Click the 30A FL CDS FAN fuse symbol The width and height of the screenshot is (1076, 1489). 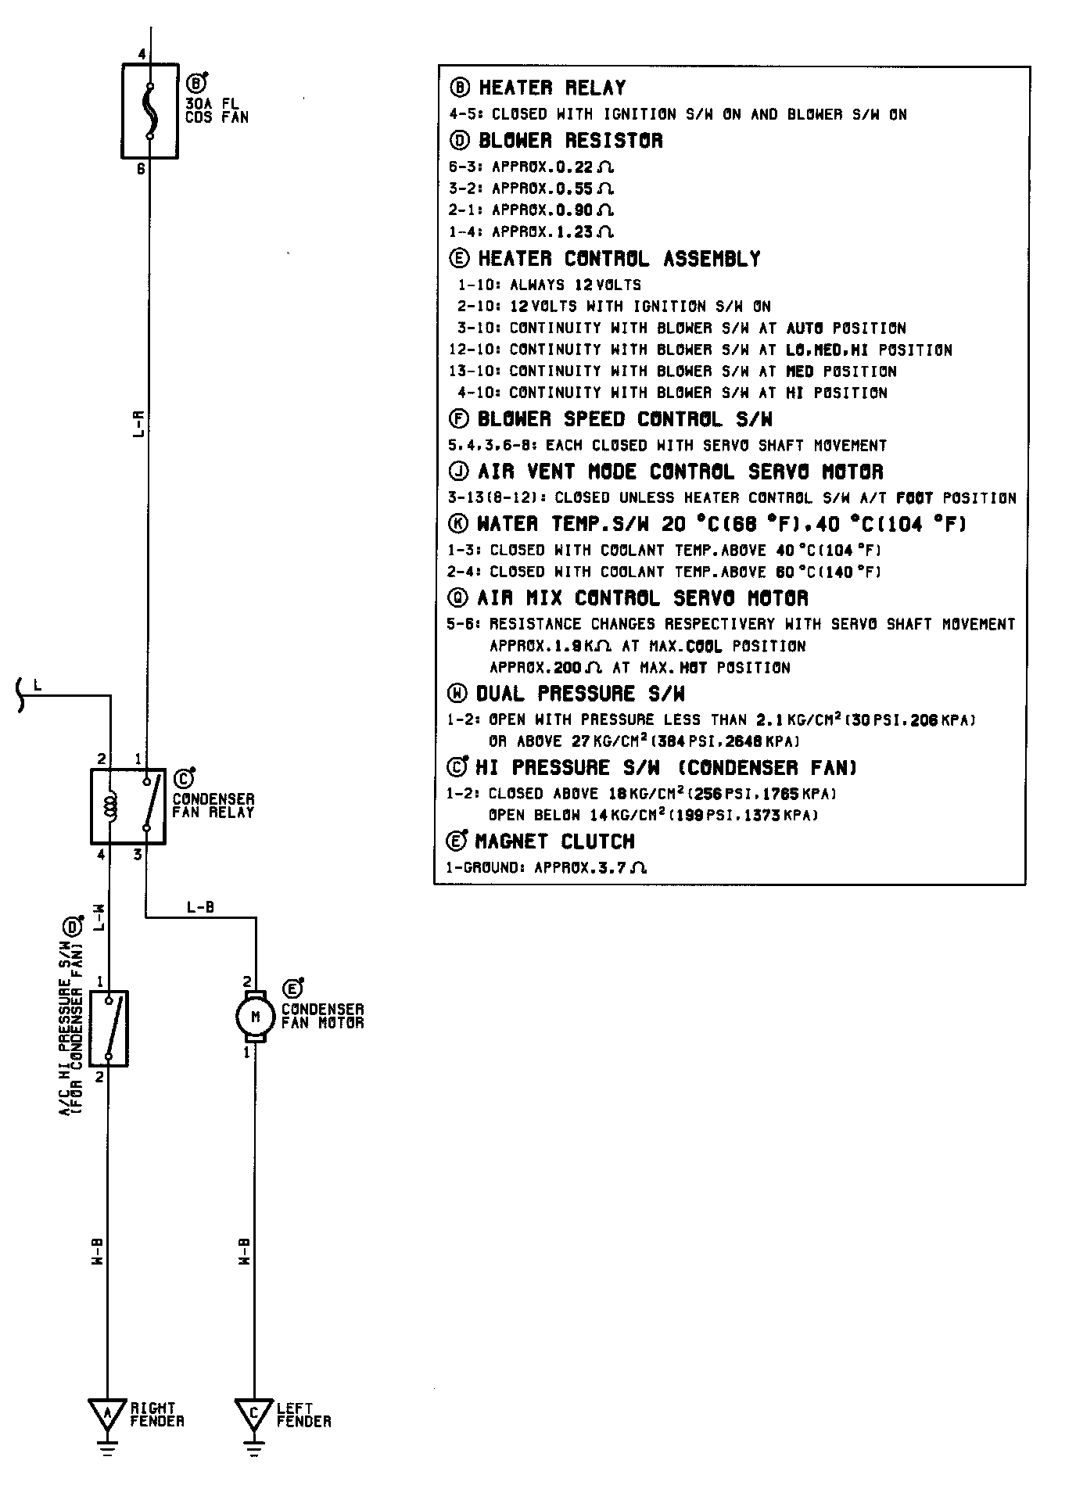[x=149, y=111]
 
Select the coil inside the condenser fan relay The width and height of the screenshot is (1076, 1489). [x=111, y=806]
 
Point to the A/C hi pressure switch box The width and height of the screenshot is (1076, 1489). [x=109, y=1028]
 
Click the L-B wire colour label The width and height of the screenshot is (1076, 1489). [x=200, y=908]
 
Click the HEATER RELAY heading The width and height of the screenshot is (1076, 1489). [x=551, y=88]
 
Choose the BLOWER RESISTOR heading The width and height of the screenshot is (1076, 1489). [x=570, y=141]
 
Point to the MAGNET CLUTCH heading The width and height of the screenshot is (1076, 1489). [x=554, y=841]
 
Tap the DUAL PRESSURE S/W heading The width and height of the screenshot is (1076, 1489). [x=580, y=694]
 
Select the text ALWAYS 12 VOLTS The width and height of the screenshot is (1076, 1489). [x=575, y=285]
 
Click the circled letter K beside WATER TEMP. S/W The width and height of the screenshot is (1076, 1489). [x=459, y=524]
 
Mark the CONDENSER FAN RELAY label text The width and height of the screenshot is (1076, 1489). [x=213, y=805]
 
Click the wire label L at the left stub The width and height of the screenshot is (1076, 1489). [x=37, y=686]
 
